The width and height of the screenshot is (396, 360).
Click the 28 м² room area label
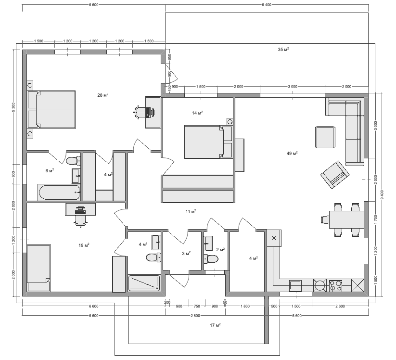pos(103,95)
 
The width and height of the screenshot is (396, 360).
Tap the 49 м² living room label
pos(292,153)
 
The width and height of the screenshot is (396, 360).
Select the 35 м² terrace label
pos(283,49)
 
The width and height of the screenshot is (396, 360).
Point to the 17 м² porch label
pos(215,325)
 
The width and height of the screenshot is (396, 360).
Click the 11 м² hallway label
pos(191,211)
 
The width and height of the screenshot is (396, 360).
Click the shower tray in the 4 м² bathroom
pos(144,283)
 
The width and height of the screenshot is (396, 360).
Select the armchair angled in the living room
pos(335,175)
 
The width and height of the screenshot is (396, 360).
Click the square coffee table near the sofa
pos(325,137)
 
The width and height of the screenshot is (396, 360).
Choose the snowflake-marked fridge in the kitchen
pos(274,238)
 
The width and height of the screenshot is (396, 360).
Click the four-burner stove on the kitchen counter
pos(336,285)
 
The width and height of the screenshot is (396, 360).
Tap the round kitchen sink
pos(320,285)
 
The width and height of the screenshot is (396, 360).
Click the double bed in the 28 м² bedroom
pos(51,110)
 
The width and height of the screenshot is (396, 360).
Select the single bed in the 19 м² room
pos(39,268)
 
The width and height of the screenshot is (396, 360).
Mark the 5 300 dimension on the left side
pos(13,107)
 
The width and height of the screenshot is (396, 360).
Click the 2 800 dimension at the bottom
pos(195,316)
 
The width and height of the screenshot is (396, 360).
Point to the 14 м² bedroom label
pos(197,113)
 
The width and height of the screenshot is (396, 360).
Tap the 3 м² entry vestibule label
pos(186,253)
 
